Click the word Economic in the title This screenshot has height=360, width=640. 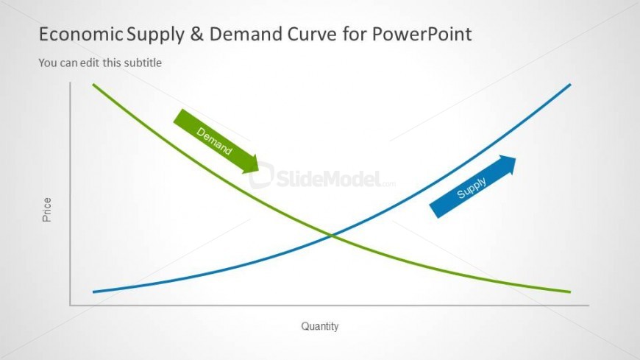[x=80, y=34]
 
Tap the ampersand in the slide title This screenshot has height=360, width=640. [x=196, y=34]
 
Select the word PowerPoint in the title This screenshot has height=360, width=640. [x=422, y=34]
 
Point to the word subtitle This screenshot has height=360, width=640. [x=143, y=63]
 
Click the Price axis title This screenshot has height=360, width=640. [x=47, y=210]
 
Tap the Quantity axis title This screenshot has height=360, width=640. [x=319, y=326]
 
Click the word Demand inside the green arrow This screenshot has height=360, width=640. [x=214, y=141]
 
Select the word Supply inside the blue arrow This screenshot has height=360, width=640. [x=472, y=188]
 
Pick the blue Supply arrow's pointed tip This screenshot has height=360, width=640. [x=516, y=158]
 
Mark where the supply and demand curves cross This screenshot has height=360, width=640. [x=332, y=236]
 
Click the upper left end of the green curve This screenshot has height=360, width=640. [x=93, y=85]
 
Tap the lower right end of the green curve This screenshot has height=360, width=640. [x=570, y=292]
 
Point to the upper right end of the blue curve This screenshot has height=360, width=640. [x=570, y=85]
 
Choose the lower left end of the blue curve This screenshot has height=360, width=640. [x=93, y=292]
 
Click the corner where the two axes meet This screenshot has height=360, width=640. [x=70, y=305]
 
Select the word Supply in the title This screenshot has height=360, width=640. [x=155, y=35]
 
